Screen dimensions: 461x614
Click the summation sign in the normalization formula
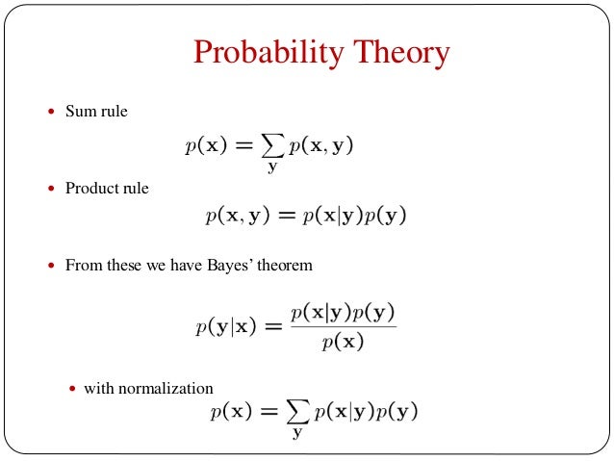click(298, 413)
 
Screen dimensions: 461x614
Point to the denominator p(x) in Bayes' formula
click(344, 342)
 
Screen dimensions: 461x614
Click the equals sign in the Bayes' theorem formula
click(272, 327)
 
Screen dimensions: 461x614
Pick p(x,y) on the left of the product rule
click(239, 217)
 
